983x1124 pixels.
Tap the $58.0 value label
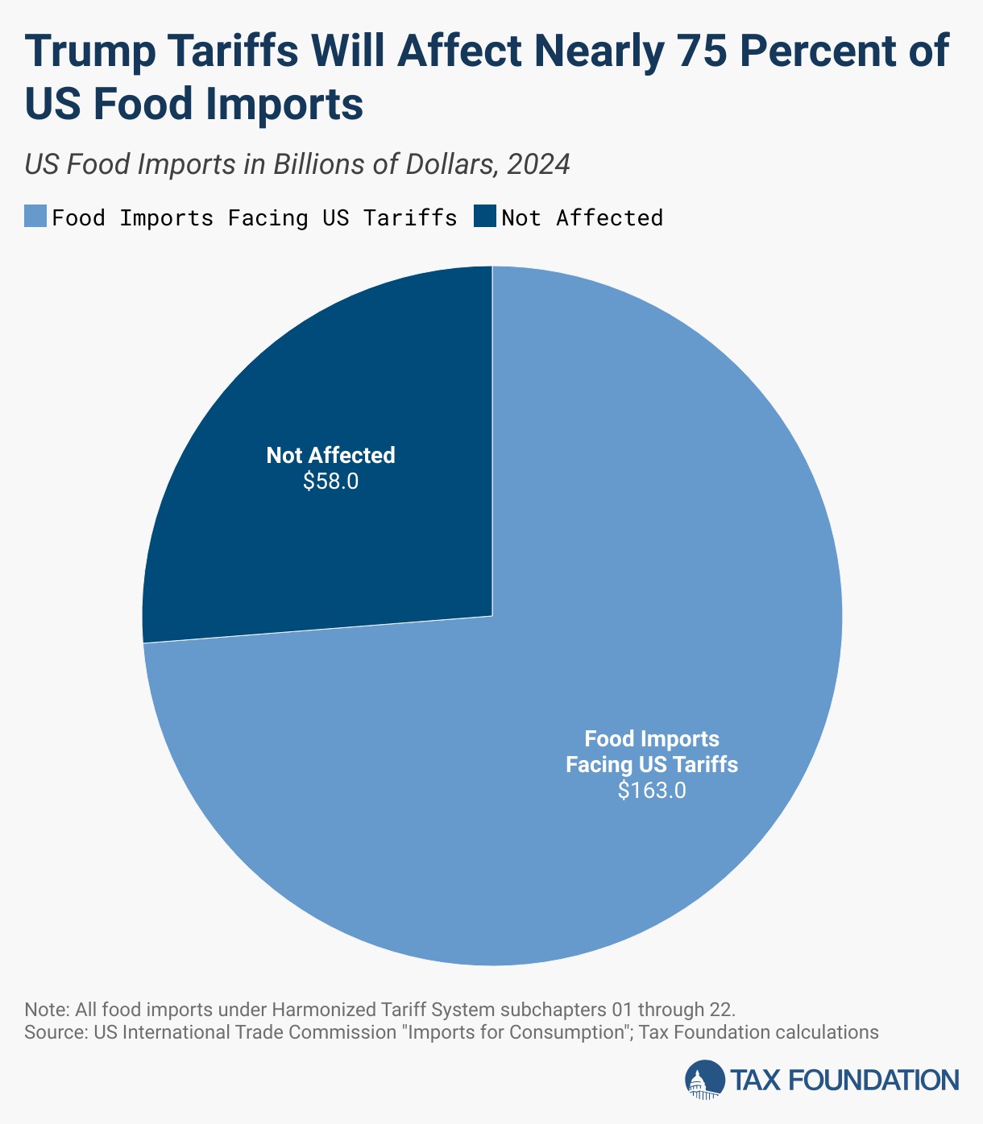(330, 481)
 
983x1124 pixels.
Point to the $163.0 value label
(652, 790)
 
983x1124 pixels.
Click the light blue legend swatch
(35, 217)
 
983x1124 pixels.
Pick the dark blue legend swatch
(484, 217)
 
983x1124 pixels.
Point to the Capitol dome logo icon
(705, 1080)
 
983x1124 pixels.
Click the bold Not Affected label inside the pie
(330, 455)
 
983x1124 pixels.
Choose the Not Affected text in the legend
(582, 217)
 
